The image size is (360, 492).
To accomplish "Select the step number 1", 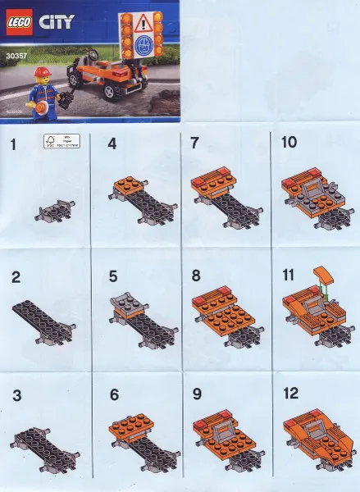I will tap(13, 146).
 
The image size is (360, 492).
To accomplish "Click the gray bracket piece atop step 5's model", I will tap(125, 301).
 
